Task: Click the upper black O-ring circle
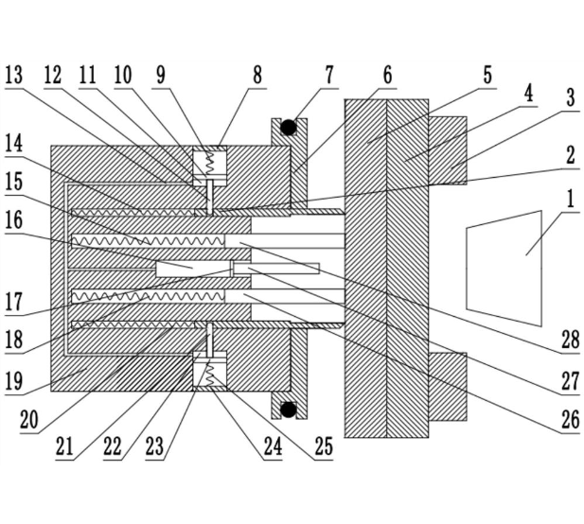click(x=289, y=128)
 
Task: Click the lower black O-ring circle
click(x=289, y=410)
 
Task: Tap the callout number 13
click(x=14, y=75)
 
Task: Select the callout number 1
click(x=570, y=199)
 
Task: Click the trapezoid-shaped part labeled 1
click(x=504, y=268)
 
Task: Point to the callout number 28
click(x=570, y=340)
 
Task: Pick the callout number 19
click(x=14, y=380)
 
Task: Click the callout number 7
click(x=329, y=75)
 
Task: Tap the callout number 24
click(x=273, y=445)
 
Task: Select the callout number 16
click(x=14, y=220)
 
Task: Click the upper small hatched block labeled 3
click(x=448, y=150)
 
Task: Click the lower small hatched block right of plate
click(x=448, y=386)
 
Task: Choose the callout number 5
click(x=487, y=75)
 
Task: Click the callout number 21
click(x=64, y=445)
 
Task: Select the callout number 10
click(x=123, y=75)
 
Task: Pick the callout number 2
click(x=570, y=155)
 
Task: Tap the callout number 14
click(x=14, y=144)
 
